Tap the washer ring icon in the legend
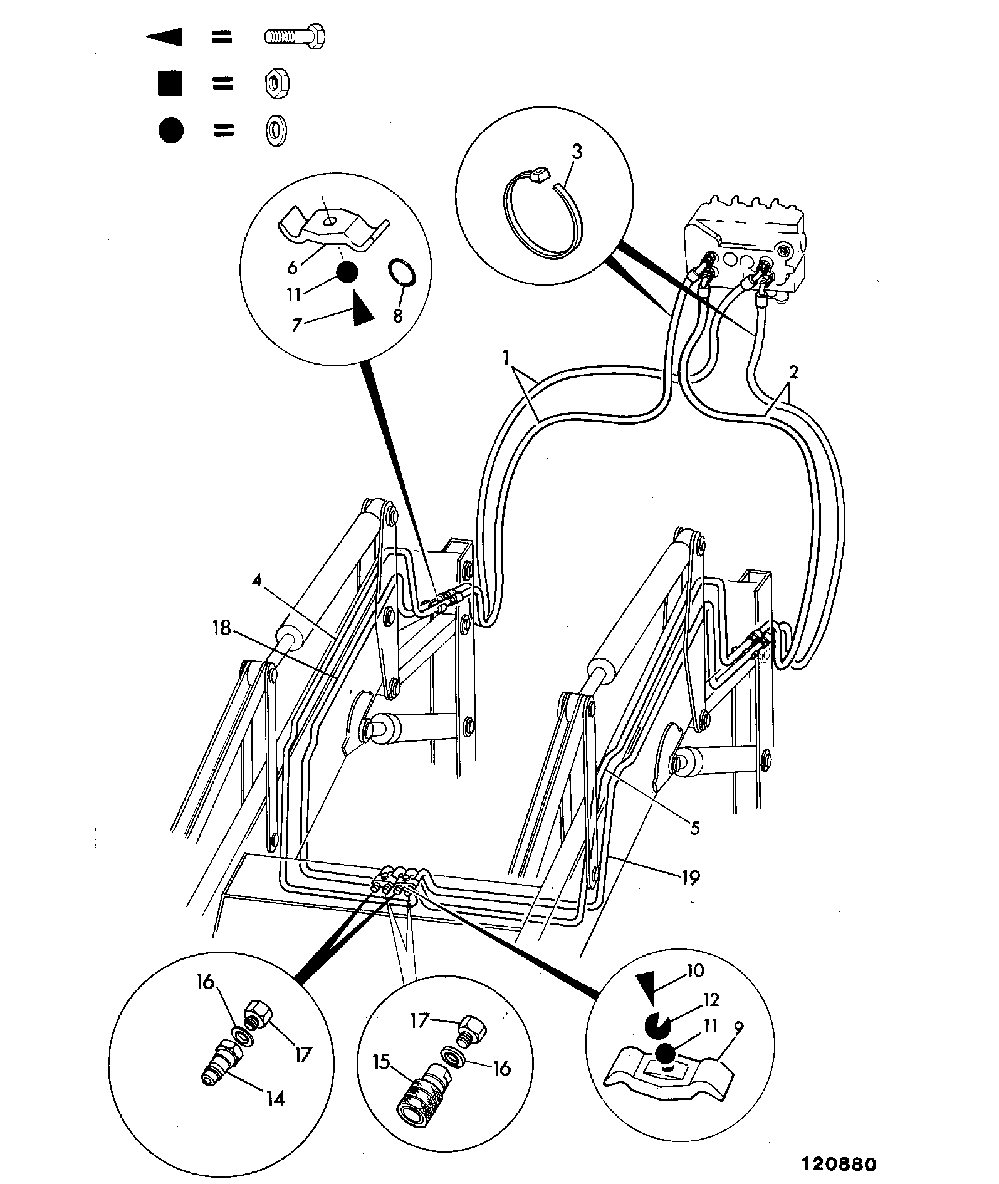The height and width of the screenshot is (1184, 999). pyautogui.click(x=274, y=131)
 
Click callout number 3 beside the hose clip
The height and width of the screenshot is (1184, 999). pyautogui.click(x=577, y=152)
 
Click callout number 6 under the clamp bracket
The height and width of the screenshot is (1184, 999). pyautogui.click(x=292, y=267)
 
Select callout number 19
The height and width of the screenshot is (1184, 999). pyautogui.click(x=689, y=878)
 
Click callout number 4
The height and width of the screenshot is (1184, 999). pyautogui.click(x=256, y=580)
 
